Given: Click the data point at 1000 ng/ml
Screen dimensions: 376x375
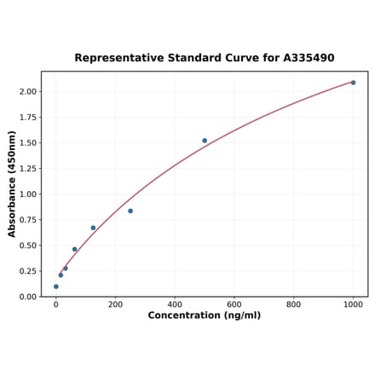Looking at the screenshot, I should tap(353, 83).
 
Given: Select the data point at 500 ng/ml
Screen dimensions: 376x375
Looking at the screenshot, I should tap(205, 141).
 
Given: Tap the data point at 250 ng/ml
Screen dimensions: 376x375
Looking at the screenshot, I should tap(130, 211).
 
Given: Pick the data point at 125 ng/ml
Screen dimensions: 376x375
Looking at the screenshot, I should tap(93, 228).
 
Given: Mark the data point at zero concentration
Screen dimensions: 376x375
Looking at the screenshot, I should tap(56, 286).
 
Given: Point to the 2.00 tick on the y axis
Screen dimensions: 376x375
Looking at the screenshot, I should tap(28, 91).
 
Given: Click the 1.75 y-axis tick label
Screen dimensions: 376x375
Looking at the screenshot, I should tap(28, 117).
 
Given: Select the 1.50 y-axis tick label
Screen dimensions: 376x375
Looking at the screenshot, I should tap(28, 142).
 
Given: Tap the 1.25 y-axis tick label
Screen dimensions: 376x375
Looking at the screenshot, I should tap(28, 168).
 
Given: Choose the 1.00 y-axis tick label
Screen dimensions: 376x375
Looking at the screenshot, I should tap(28, 194).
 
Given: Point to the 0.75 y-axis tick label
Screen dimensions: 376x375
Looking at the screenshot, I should tap(28, 220).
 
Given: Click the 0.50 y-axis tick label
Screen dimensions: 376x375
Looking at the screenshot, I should tap(28, 246).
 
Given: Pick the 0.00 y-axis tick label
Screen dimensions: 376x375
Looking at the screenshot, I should tap(28, 297).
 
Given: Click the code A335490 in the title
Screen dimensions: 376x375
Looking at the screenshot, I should tap(304, 58).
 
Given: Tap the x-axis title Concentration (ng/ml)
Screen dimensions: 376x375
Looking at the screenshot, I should tap(205, 315).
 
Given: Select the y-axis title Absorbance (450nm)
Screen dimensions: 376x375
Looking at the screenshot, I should tap(12, 184).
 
